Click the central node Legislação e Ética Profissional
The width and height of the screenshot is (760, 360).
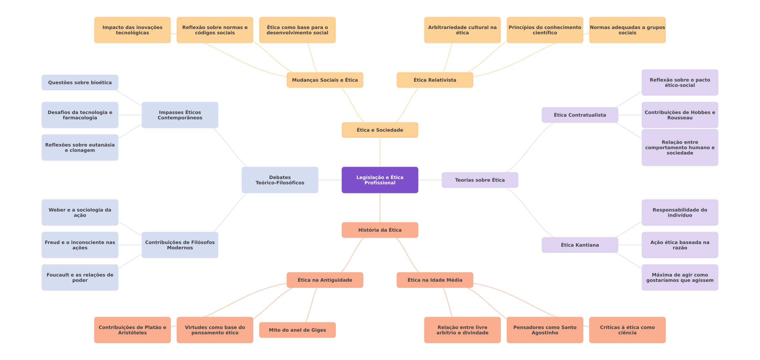point(380,180)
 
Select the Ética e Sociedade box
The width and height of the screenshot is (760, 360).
point(380,130)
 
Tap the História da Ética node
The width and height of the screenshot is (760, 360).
point(380,230)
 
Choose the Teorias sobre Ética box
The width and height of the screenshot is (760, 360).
point(480,180)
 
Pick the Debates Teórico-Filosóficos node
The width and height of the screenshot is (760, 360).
point(280,180)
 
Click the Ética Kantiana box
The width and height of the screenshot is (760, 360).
point(580,245)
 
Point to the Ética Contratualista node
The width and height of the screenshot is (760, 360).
point(580,115)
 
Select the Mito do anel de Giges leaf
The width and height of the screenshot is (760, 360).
point(297,330)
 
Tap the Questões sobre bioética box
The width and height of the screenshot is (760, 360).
point(80,82)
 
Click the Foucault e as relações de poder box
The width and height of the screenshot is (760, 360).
point(80,277)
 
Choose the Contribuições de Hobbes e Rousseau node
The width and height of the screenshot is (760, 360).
point(680,115)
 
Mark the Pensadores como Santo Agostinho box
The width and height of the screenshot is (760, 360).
point(545,330)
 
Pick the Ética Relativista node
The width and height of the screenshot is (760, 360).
point(435,80)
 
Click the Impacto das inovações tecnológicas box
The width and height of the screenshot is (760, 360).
point(132,30)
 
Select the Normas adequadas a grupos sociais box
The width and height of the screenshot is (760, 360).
point(627,30)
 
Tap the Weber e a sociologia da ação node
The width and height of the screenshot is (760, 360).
point(80,212)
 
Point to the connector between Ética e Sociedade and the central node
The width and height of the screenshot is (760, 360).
point(380,152)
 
